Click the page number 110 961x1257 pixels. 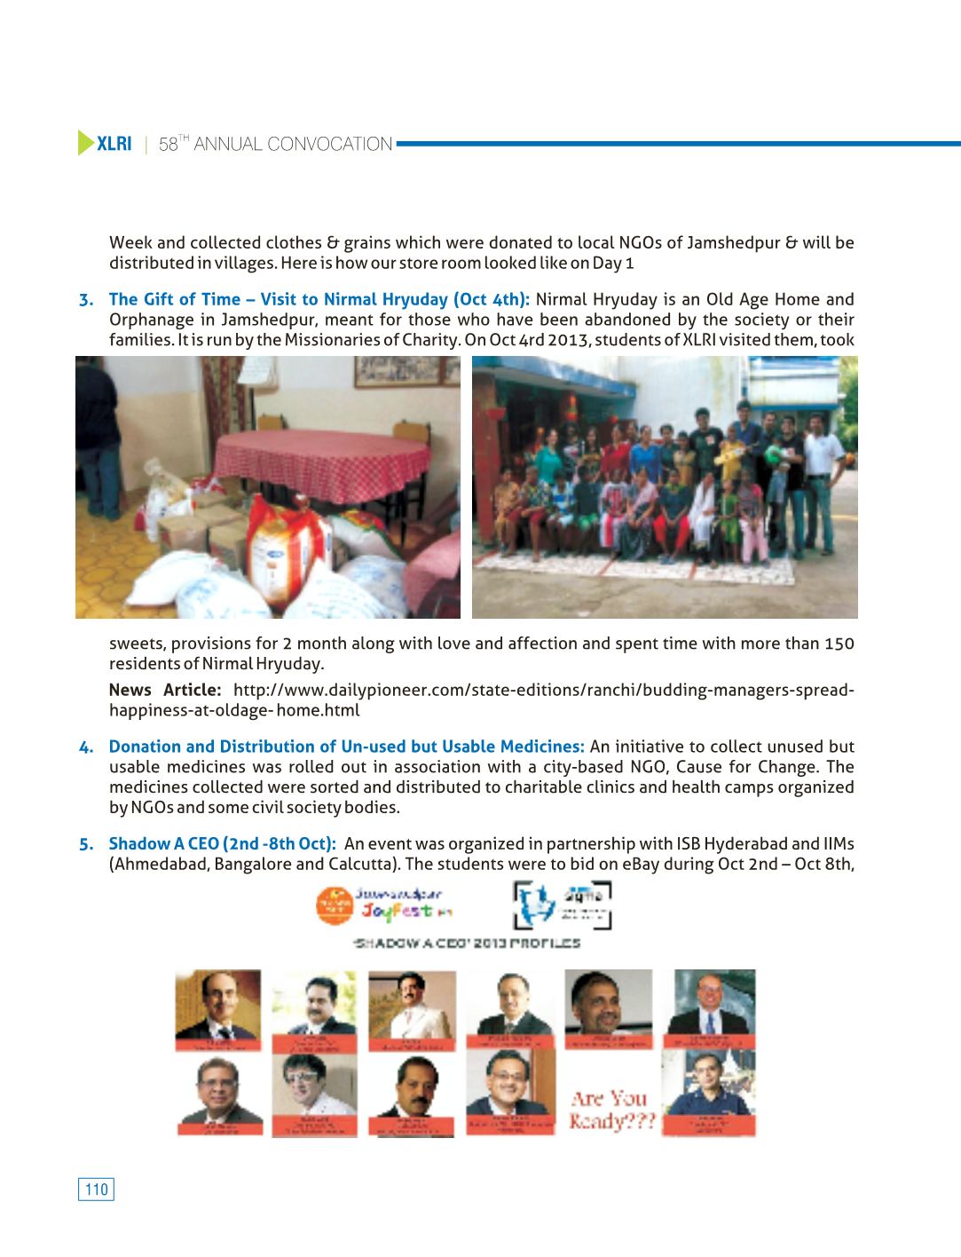(x=96, y=1190)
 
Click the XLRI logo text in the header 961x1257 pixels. (x=114, y=144)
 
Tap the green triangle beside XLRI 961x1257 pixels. (x=85, y=143)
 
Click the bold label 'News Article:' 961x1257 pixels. (x=165, y=690)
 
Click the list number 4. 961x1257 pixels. (x=86, y=747)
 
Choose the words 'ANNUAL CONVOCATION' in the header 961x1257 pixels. (x=293, y=144)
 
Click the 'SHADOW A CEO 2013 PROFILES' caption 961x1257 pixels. (x=467, y=943)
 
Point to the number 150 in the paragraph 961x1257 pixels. (x=839, y=644)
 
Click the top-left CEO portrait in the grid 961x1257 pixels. (x=218, y=1008)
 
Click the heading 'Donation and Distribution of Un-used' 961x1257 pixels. (x=346, y=747)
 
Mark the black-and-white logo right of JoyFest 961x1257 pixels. (x=563, y=904)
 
